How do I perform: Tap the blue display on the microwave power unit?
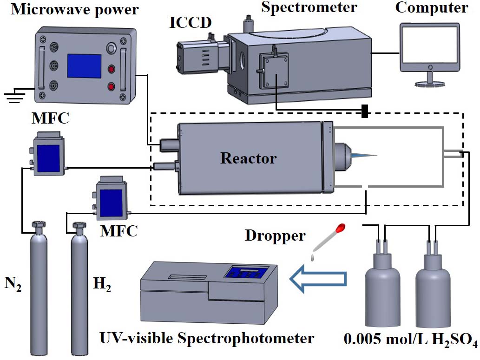(84, 65)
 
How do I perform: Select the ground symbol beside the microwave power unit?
(13, 97)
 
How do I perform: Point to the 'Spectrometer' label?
(309, 7)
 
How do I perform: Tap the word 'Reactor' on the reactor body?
(248, 158)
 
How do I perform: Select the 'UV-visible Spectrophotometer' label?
(207, 338)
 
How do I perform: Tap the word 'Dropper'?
(275, 235)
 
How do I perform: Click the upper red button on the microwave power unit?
(112, 70)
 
